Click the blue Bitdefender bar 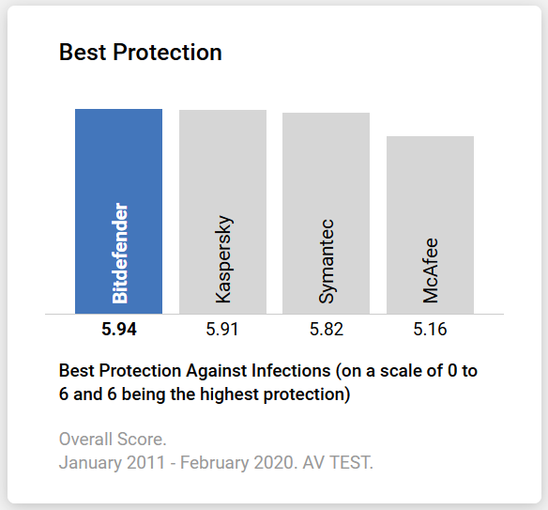(119, 169)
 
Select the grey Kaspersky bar (222, 169)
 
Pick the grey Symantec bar (326, 169)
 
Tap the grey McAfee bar (430, 188)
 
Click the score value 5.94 (119, 330)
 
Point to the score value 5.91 (222, 330)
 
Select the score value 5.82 (326, 330)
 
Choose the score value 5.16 (430, 330)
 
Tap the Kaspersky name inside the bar (223, 260)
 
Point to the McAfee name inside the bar (430, 270)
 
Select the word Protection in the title (167, 53)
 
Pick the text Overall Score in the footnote (110, 439)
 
